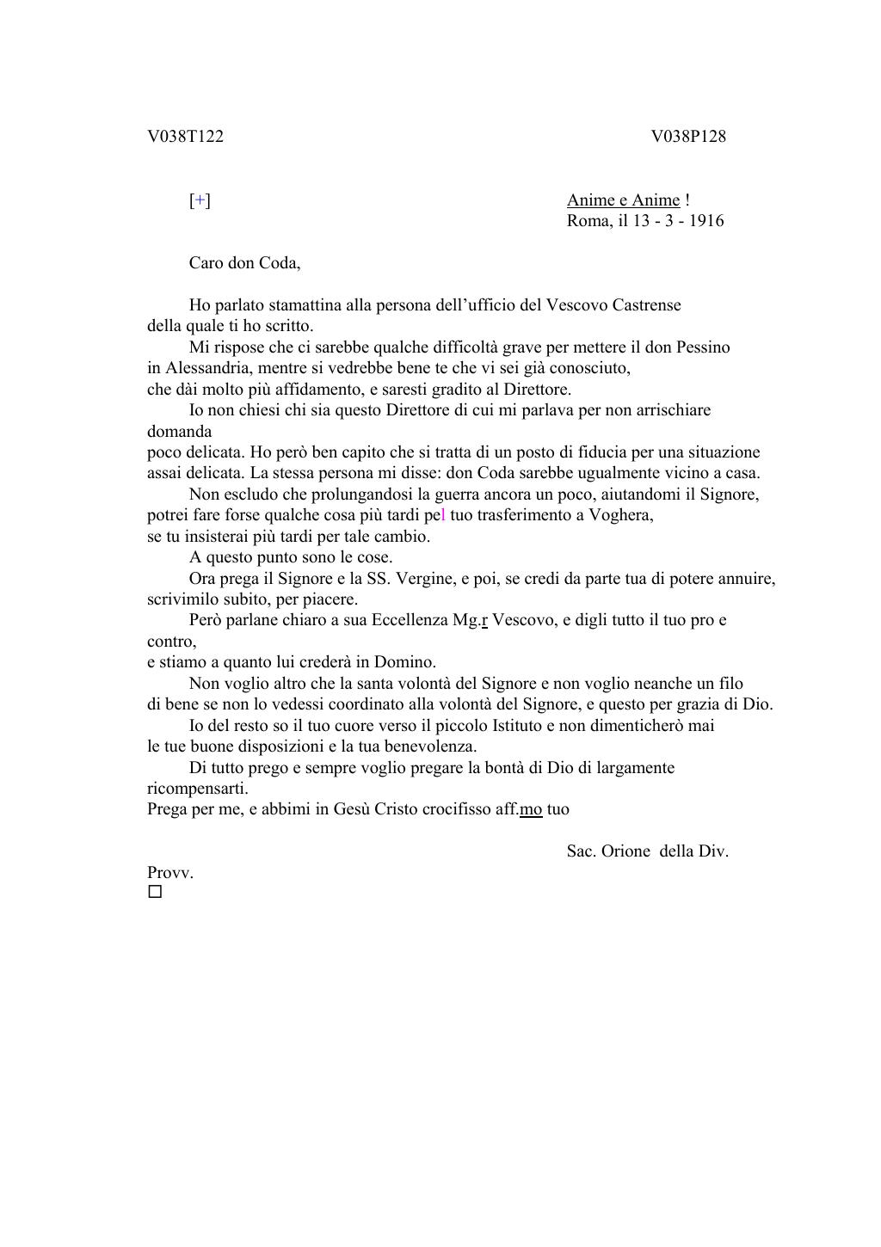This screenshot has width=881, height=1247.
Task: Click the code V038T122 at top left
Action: [x=185, y=137]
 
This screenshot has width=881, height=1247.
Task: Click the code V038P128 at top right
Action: [x=688, y=137]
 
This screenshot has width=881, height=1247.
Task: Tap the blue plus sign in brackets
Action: [x=200, y=200]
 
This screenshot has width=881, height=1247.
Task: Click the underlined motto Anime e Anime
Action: [x=623, y=200]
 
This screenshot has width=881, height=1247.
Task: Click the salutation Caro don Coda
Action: [x=244, y=263]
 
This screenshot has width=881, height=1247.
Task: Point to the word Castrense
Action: [x=646, y=305]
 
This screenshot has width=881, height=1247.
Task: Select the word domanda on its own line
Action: [x=179, y=431]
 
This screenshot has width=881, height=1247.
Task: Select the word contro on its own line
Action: [x=170, y=642]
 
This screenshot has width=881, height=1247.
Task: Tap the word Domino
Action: [x=404, y=662]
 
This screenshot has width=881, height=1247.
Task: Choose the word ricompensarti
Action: [x=197, y=789]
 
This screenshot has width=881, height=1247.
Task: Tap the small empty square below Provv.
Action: [x=155, y=892]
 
